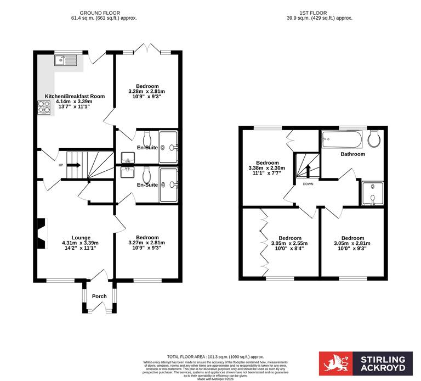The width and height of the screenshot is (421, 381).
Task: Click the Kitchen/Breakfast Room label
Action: point(75,96)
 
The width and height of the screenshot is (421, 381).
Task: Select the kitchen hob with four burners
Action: point(44,107)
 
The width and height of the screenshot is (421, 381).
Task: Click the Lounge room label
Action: point(81,238)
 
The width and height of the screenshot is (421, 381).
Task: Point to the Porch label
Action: point(99,296)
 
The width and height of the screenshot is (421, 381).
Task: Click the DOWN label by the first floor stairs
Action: point(308,184)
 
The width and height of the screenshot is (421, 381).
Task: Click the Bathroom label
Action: point(352,154)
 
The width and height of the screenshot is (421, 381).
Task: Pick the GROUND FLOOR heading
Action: point(100,13)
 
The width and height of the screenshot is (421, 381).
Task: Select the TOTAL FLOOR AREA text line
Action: point(210,356)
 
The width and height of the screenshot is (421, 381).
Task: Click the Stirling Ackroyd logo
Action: point(365,364)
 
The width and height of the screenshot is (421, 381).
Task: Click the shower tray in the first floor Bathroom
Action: point(372,194)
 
